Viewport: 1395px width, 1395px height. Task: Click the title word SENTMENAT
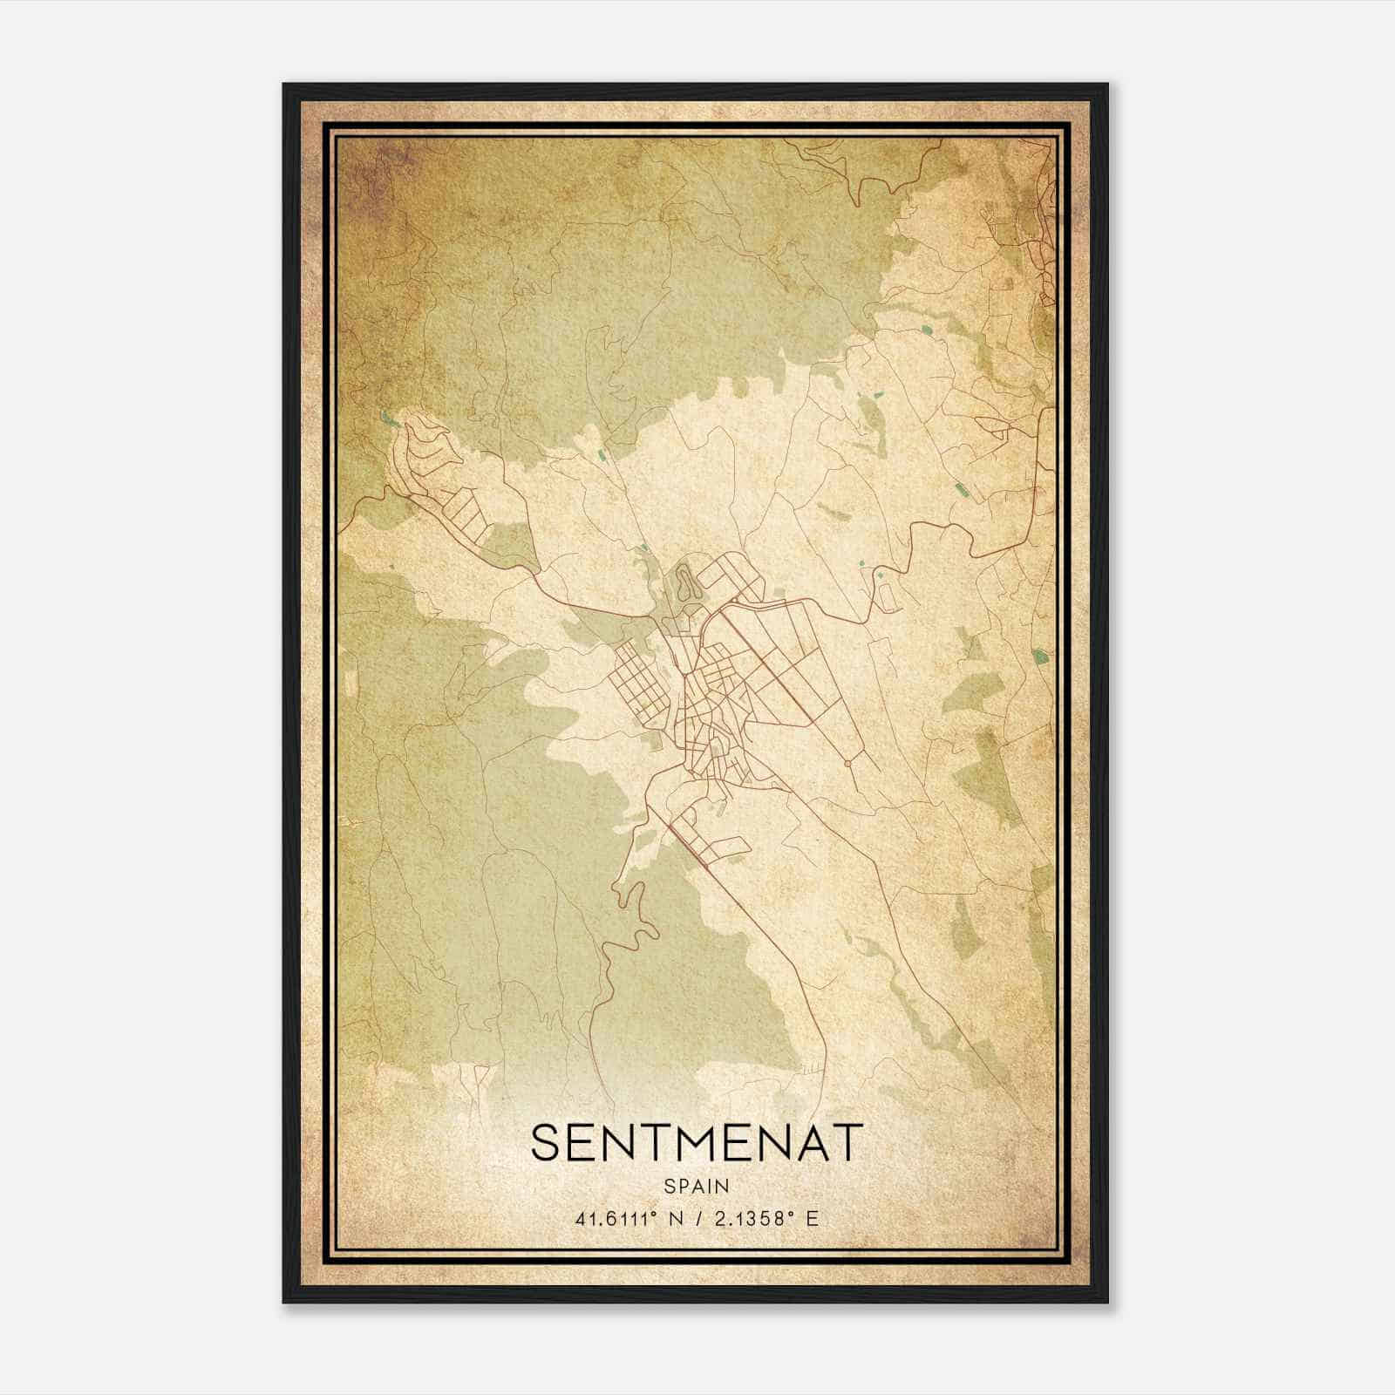697,1142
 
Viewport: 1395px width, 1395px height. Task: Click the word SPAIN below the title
697,1186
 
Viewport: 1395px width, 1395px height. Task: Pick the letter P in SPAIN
684,1186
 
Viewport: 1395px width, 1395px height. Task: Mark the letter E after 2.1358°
813,1219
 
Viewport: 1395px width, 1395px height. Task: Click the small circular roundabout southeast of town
847,763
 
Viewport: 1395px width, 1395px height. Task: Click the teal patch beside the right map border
1038,656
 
